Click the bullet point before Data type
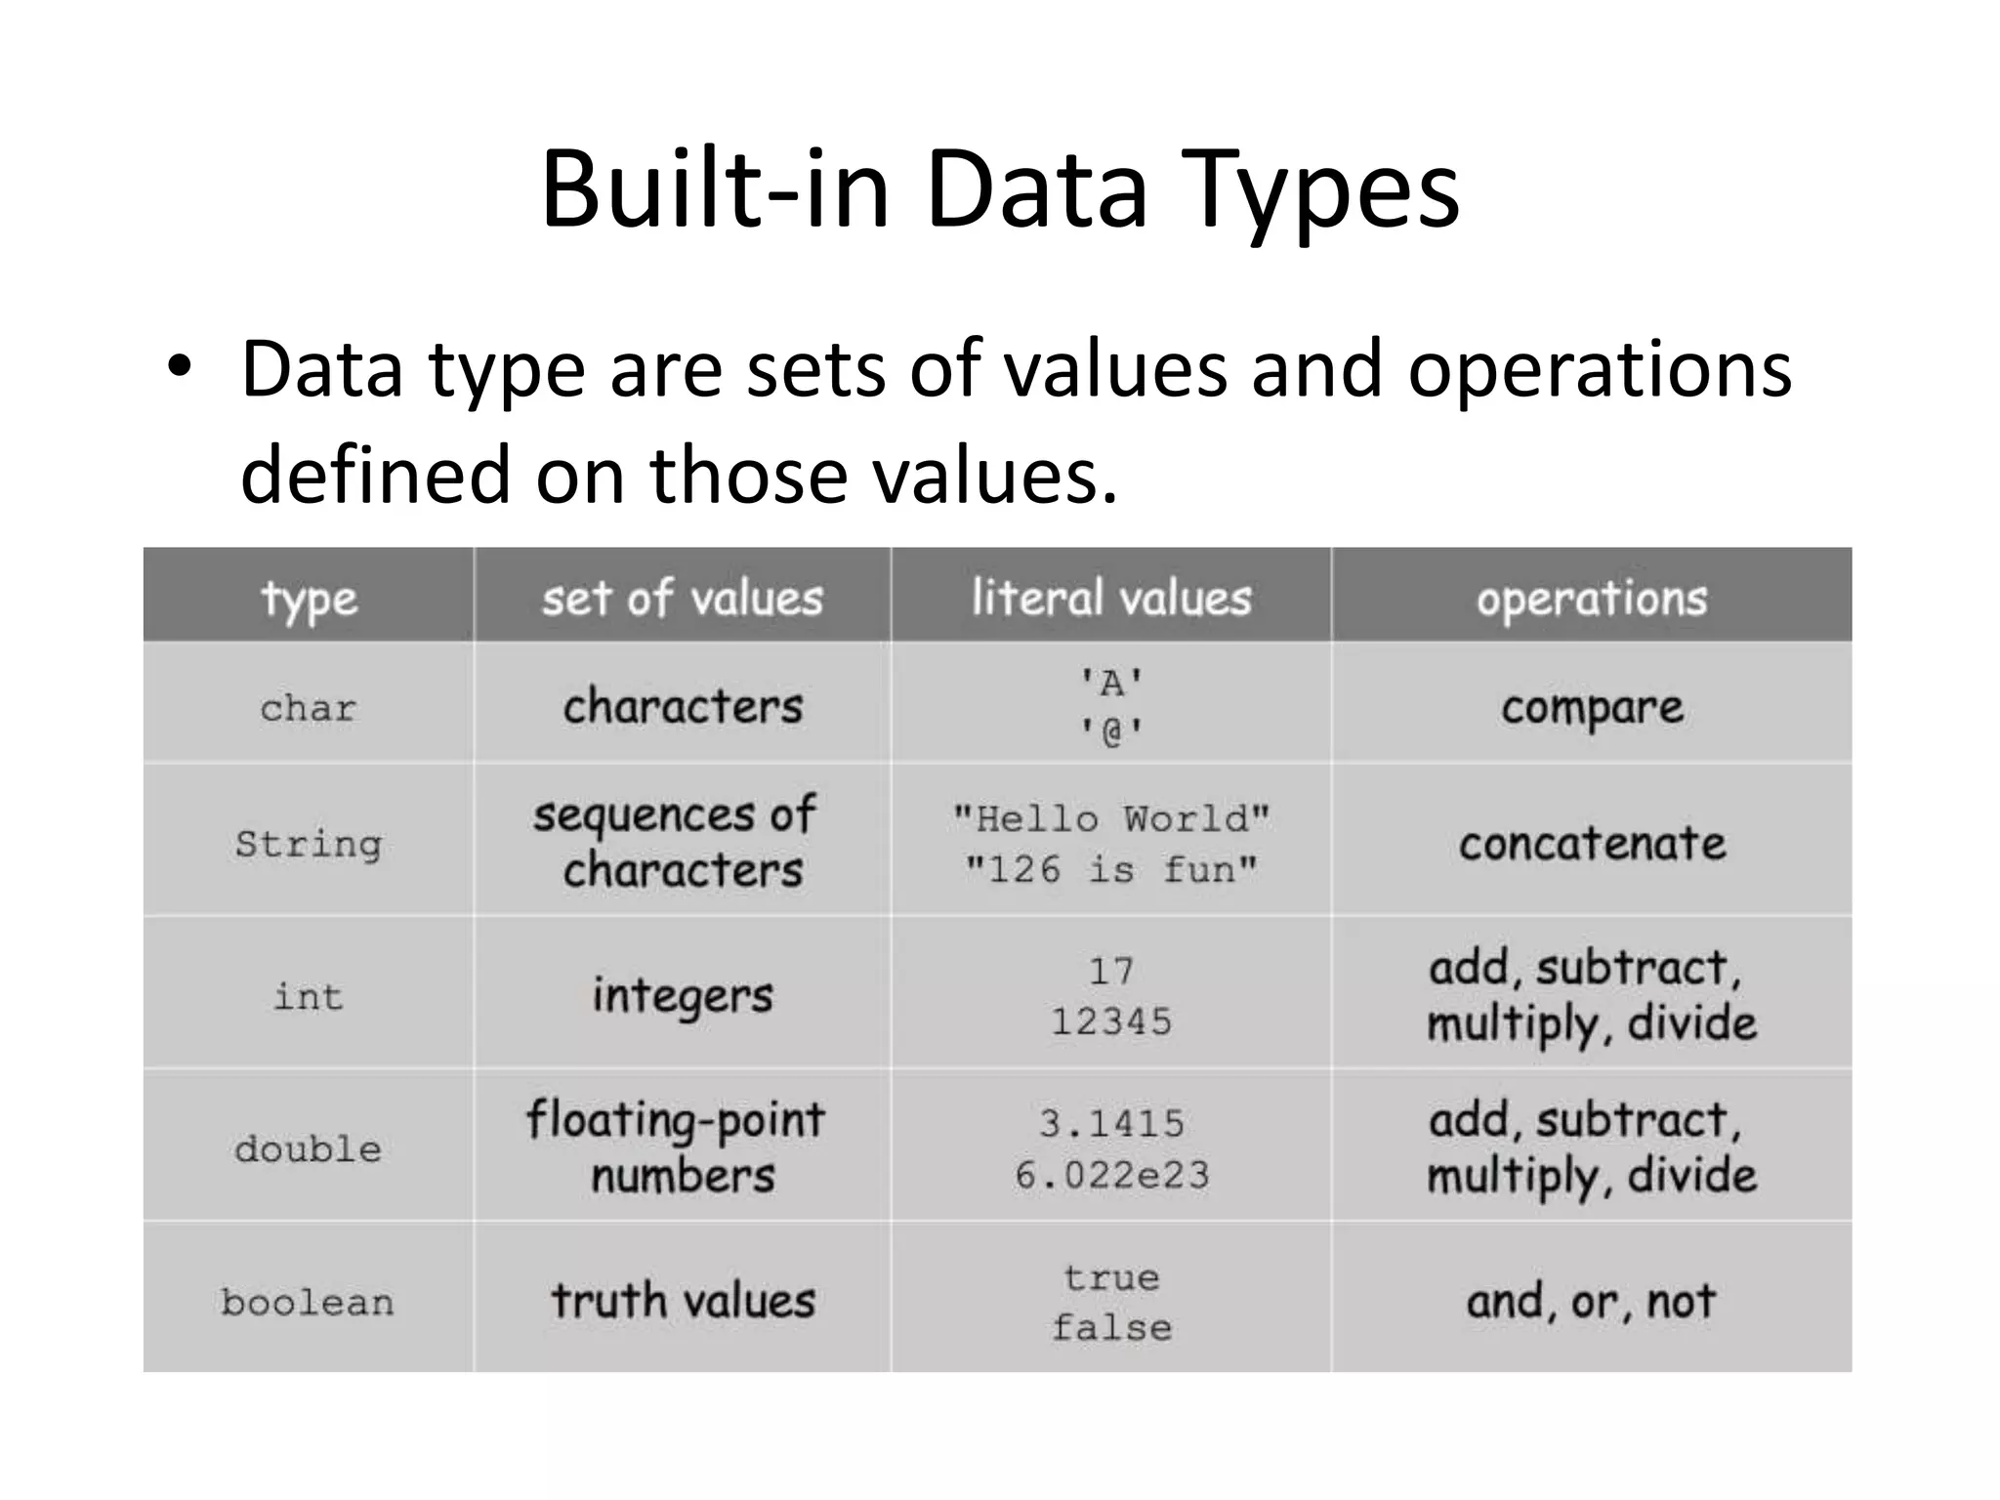click(179, 368)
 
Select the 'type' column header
click(309, 598)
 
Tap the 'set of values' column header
click(683, 598)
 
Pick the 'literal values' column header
click(1111, 598)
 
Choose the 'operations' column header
click(1592, 598)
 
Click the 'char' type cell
click(309, 707)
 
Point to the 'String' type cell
click(309, 843)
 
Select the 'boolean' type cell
click(309, 1302)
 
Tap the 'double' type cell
click(309, 1148)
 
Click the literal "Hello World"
click(1111, 817)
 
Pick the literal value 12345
click(1111, 1021)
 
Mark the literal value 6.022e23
click(1111, 1175)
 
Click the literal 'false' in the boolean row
click(1111, 1327)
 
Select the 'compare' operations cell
click(1592, 707)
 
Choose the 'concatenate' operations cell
click(1592, 843)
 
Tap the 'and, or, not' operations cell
click(1592, 1302)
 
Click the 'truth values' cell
click(683, 1302)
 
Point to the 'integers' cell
click(683, 996)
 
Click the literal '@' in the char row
click(1111, 730)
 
